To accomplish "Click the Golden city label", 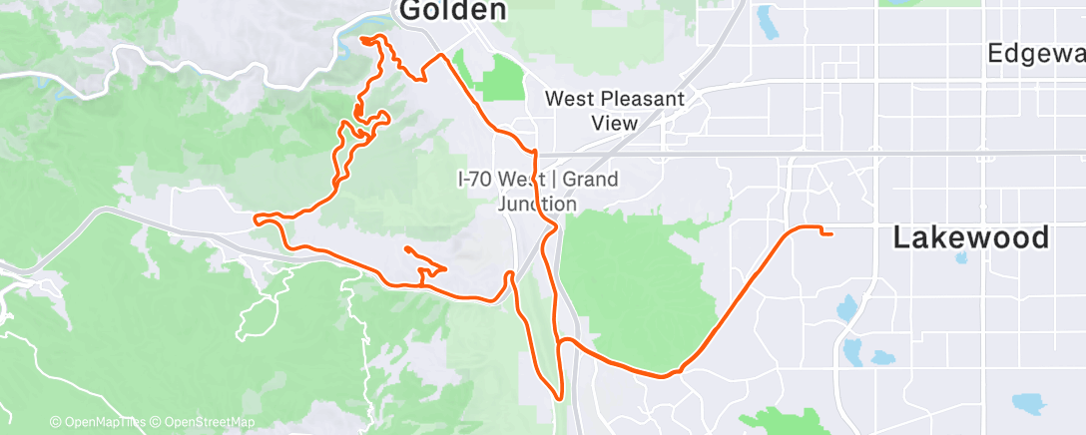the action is click(x=452, y=11).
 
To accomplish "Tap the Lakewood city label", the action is click(x=971, y=238).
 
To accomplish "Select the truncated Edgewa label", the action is click(x=1035, y=54).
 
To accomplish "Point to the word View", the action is click(x=613, y=123).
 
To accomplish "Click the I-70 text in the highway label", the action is click(x=476, y=180).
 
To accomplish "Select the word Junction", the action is click(x=537, y=204).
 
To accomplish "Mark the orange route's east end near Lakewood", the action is click(x=830, y=233).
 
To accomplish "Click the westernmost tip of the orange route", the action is click(x=257, y=217).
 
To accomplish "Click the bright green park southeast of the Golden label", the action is click(x=505, y=79).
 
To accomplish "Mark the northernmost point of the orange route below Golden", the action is click(x=371, y=37).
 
